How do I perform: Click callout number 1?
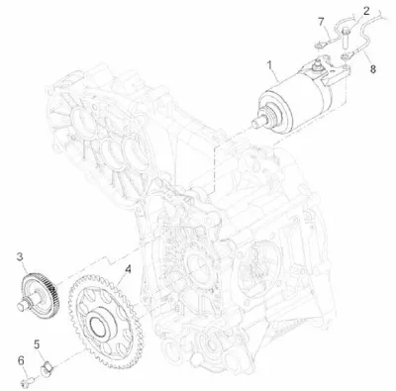coord(270,65)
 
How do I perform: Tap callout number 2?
coord(366,11)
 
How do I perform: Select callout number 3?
coord(20,256)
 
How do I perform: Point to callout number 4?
coord(128,269)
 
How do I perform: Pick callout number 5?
coord(37,344)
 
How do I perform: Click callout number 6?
coord(21,360)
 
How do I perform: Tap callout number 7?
coord(322,22)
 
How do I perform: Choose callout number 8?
coord(372,69)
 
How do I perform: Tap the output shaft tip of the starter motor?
coord(256,124)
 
